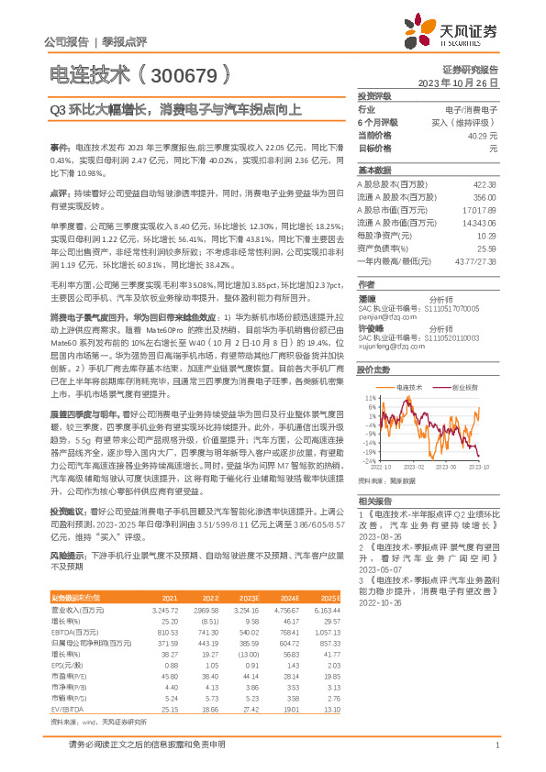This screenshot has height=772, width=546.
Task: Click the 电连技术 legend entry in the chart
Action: tap(407, 388)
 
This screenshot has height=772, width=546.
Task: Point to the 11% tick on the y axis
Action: tap(370, 397)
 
